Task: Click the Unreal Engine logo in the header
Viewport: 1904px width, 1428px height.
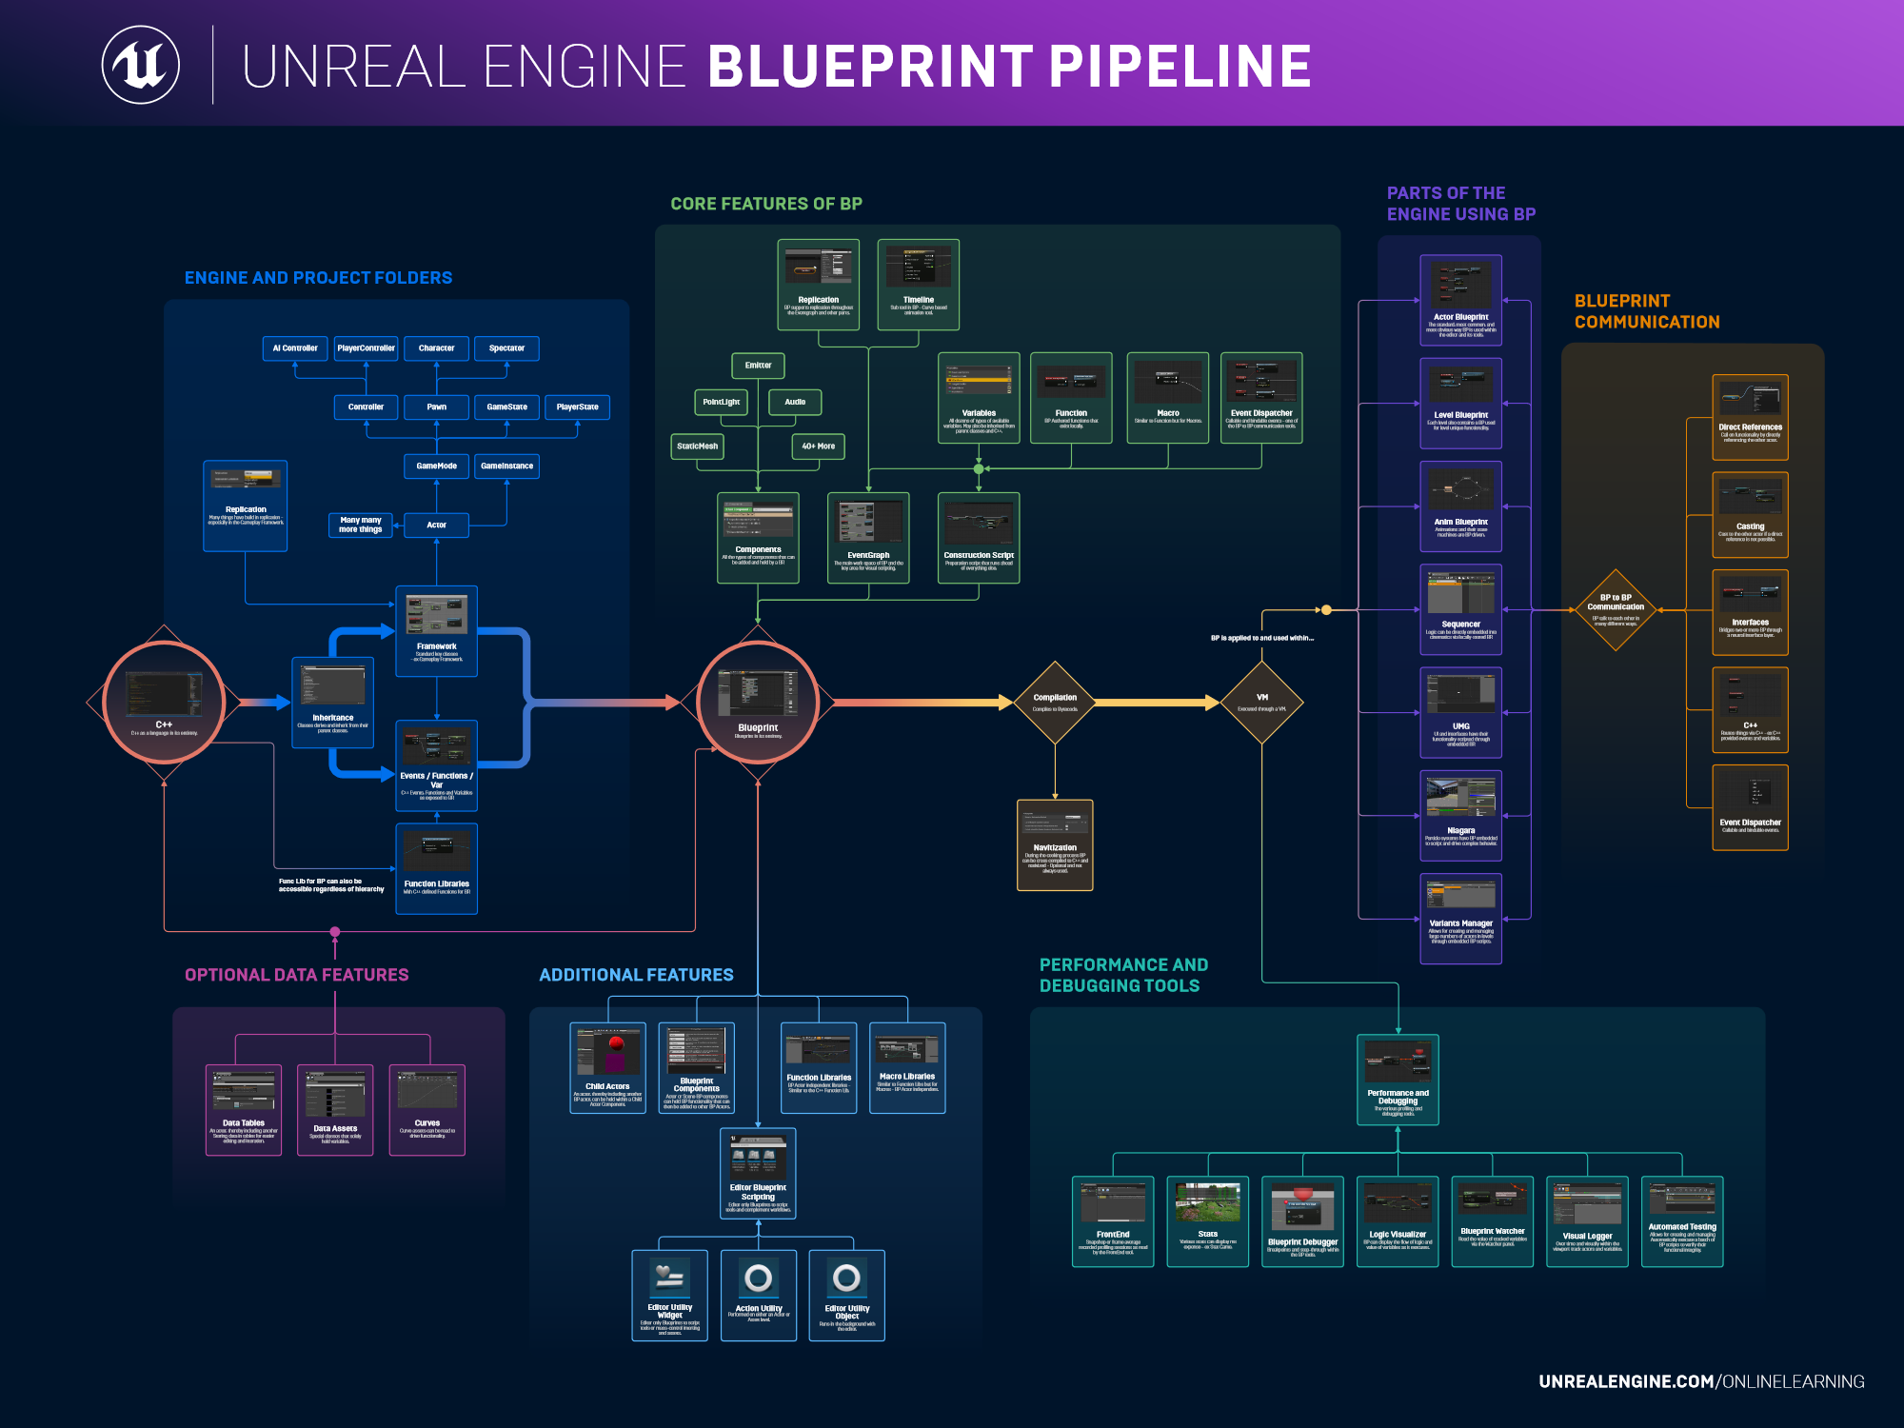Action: [141, 65]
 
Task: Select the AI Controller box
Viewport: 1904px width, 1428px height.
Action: [295, 348]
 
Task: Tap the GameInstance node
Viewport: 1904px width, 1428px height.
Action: [506, 466]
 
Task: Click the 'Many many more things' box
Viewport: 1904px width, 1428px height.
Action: [360, 525]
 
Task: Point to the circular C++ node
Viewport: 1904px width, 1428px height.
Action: [164, 703]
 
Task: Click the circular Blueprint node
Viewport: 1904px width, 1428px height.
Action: [758, 703]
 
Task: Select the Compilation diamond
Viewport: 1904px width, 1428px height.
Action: [1055, 703]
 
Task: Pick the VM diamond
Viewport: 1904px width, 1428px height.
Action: [1262, 703]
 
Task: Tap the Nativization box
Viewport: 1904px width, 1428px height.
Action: [1055, 845]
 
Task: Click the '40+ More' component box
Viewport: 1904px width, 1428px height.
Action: [818, 446]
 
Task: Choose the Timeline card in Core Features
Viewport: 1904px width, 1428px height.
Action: [918, 284]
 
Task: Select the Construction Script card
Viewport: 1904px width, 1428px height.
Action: [979, 538]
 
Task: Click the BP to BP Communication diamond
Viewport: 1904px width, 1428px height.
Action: [1616, 610]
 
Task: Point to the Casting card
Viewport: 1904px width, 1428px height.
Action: [1750, 515]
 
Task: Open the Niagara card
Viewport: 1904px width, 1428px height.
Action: [1460, 816]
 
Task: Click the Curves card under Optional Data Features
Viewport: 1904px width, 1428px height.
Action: [427, 1110]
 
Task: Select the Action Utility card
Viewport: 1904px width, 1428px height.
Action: [759, 1295]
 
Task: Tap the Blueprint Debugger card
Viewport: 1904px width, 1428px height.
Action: [1302, 1221]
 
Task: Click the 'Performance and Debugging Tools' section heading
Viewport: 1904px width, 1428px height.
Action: [1123, 975]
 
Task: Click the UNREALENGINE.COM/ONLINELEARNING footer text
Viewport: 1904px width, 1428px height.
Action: [1701, 1381]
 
